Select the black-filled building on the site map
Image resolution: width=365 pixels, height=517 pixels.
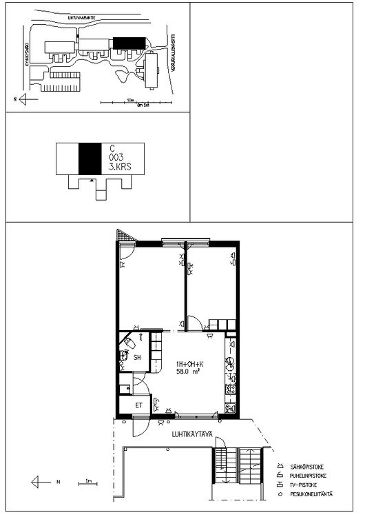click(129, 43)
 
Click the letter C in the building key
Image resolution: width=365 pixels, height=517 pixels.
click(112, 148)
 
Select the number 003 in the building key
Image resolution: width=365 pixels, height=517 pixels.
click(116, 158)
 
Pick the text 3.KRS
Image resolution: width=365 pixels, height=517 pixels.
click(119, 167)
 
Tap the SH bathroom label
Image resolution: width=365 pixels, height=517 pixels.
click(138, 357)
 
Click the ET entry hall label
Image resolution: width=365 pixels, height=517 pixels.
click(138, 405)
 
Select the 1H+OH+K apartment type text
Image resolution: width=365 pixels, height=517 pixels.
click(189, 363)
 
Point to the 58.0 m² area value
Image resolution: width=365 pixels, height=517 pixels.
click(189, 372)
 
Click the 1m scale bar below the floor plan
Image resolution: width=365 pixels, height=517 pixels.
click(87, 483)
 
